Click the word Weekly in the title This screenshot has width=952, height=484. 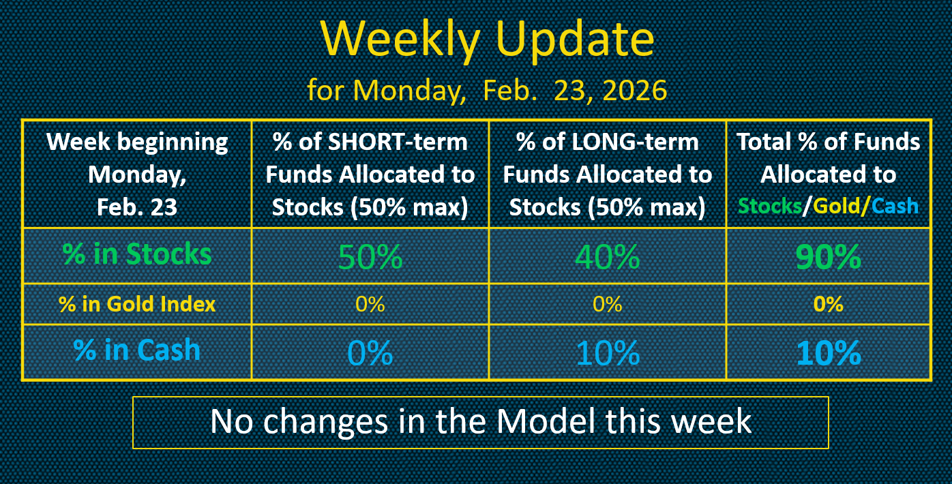[x=401, y=40]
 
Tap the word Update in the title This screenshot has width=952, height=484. [x=575, y=40]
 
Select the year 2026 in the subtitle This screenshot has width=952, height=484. [x=634, y=91]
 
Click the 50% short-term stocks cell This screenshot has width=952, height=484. [x=370, y=257]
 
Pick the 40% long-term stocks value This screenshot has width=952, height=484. [x=608, y=257]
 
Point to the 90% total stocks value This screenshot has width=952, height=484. [x=829, y=257]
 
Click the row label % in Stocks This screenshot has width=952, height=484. [x=137, y=254]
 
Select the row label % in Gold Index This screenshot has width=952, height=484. [x=137, y=304]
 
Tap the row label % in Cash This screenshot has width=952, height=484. [x=137, y=350]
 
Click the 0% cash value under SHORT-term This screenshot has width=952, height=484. [x=370, y=352]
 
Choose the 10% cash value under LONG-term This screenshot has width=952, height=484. [x=608, y=352]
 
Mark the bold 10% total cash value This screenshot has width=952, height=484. [x=829, y=352]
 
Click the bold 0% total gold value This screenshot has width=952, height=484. [x=829, y=304]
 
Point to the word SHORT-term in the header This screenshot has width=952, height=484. [x=398, y=142]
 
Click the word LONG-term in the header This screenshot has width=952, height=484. [x=635, y=142]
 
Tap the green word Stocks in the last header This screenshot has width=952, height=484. [x=770, y=206]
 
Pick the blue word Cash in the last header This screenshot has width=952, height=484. [x=895, y=206]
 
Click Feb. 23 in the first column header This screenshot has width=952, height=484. [x=137, y=207]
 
